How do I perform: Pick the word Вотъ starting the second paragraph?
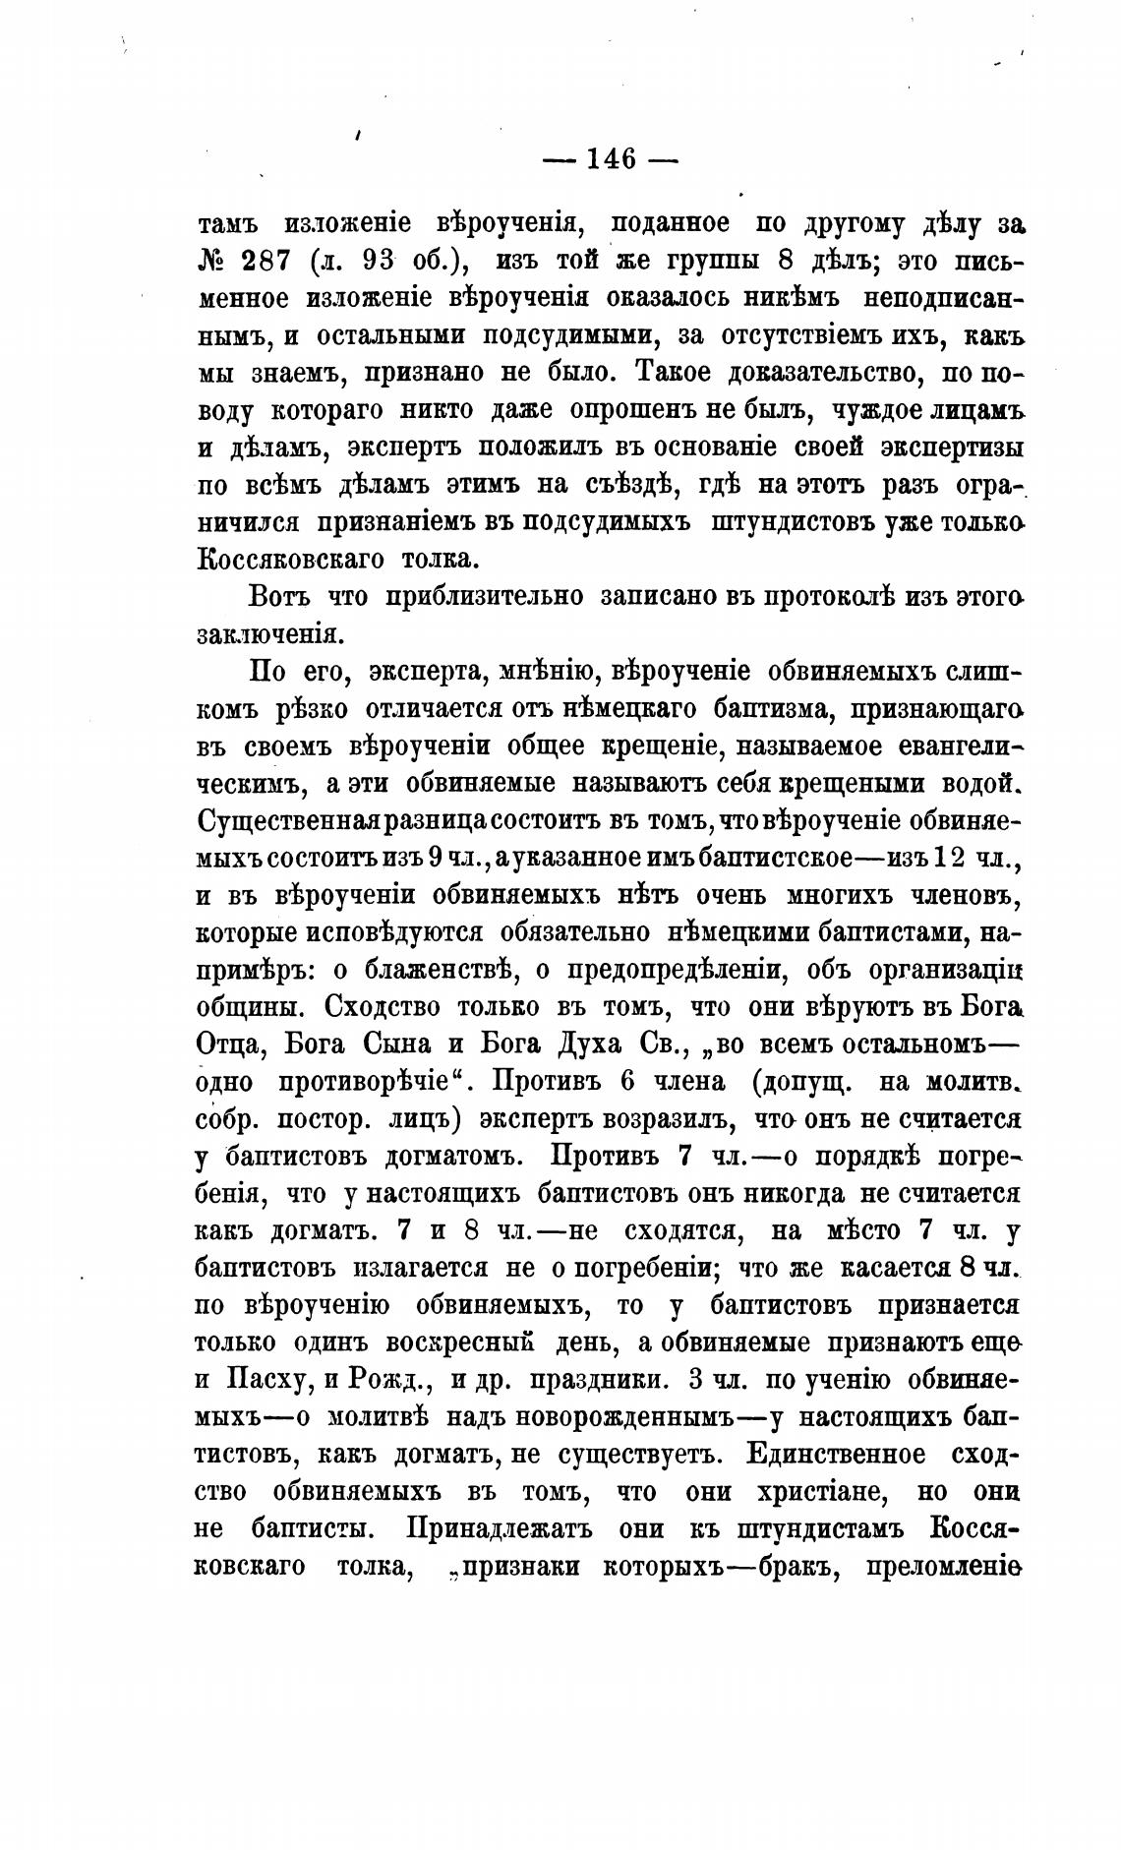(279, 596)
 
